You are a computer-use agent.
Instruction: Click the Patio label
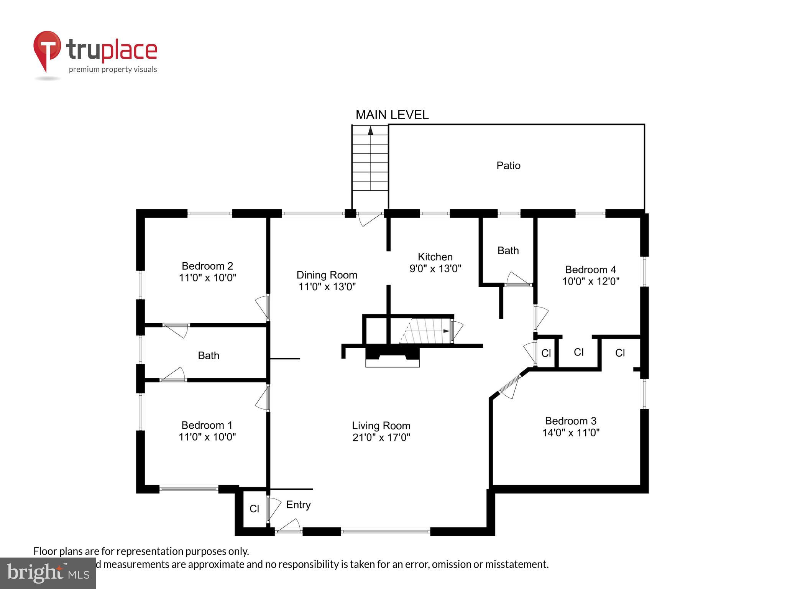pos(508,166)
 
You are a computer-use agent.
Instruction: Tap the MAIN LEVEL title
pos(392,115)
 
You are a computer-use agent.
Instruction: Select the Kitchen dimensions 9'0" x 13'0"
pos(435,268)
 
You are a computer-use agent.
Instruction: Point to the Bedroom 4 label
pos(590,269)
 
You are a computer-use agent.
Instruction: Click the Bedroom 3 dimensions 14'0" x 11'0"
pos(571,433)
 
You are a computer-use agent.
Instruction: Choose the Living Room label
pos(381,426)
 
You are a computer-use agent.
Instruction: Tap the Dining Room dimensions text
pos(327,286)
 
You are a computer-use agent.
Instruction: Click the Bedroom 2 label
pos(207,266)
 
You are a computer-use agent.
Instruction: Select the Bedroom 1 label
pos(207,425)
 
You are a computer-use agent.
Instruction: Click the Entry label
pos(298,505)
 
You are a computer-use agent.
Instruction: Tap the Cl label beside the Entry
pos(254,508)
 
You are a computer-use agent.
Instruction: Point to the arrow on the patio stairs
pos(370,131)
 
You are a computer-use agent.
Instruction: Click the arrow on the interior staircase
pos(446,331)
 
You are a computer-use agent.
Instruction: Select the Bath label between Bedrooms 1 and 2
pos(209,355)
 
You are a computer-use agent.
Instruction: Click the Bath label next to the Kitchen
pos(508,250)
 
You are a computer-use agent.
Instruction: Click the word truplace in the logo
pos(112,50)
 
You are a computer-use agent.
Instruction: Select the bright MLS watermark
pos(48,573)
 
